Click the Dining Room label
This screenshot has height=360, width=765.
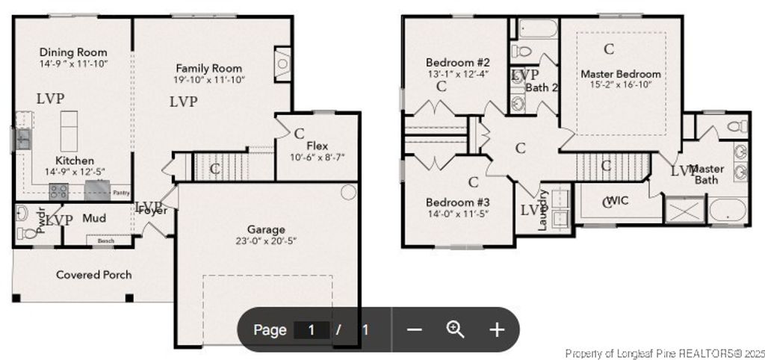pyautogui.click(x=73, y=52)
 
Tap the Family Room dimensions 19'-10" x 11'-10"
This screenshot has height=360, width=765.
pyautogui.click(x=210, y=79)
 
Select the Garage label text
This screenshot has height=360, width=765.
pyautogui.click(x=267, y=229)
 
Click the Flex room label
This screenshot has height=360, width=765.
pyautogui.click(x=318, y=145)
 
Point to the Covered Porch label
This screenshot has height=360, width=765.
pyautogui.click(x=94, y=275)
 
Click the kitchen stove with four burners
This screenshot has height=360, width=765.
pyautogui.click(x=59, y=191)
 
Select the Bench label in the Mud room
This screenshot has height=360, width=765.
pyautogui.click(x=105, y=240)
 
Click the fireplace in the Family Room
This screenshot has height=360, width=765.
pyautogui.click(x=282, y=64)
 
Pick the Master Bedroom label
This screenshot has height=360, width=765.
pyautogui.click(x=621, y=74)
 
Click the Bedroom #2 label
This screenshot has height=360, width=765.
pyautogui.click(x=458, y=62)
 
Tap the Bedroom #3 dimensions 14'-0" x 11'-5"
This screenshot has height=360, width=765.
pyautogui.click(x=458, y=214)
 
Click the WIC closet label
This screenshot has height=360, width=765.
pyautogui.click(x=617, y=200)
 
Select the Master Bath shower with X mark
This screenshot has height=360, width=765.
pyautogui.click(x=684, y=209)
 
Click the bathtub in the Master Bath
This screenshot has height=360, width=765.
pyautogui.click(x=727, y=209)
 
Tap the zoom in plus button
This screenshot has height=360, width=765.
pyautogui.click(x=497, y=329)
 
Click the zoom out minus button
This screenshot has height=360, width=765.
pyautogui.click(x=415, y=329)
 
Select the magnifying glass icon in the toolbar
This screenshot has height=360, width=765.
pyautogui.click(x=455, y=329)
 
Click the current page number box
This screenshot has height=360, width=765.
pyautogui.click(x=312, y=329)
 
